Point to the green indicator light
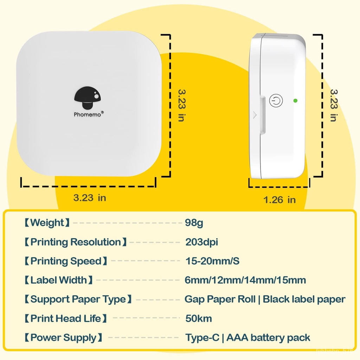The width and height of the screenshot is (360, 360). [295, 101]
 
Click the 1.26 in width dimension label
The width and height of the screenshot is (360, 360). [279, 200]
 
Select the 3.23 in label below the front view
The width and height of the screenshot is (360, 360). [90, 198]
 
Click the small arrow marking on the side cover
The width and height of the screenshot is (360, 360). [255, 115]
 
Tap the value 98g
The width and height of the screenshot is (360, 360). [194, 223]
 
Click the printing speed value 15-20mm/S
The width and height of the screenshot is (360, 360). [212, 261]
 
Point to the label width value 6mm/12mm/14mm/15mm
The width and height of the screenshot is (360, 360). [245, 280]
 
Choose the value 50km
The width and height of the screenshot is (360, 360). [199, 319]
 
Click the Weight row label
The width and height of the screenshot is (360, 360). [47, 223]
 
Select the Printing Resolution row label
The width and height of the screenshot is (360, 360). [75, 242]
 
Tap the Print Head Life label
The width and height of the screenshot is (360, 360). [65, 319]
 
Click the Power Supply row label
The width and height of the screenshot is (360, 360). [63, 338]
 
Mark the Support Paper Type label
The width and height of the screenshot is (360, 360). [78, 300]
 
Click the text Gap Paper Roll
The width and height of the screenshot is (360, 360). [220, 300]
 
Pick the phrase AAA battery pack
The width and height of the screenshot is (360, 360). [268, 338]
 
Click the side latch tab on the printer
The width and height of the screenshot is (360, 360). [263, 114]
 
